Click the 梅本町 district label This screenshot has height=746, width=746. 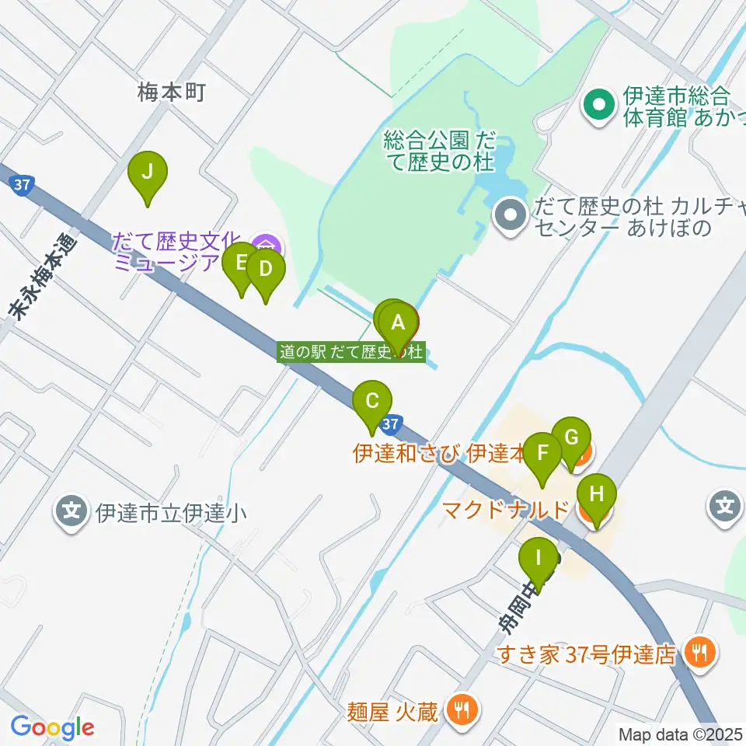coord(171,93)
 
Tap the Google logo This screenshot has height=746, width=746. coord(52,727)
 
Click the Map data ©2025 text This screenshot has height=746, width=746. coord(680,733)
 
